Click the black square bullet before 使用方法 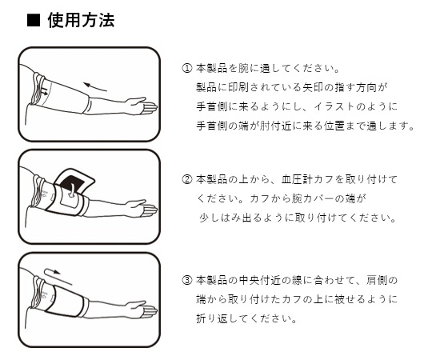(x=34, y=21)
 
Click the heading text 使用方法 (x=81, y=20)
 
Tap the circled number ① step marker (x=186, y=68)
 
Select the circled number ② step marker (x=186, y=179)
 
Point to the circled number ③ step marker (x=186, y=280)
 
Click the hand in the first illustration (x=142, y=106)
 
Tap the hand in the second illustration (x=142, y=208)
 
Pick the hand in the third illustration (x=142, y=310)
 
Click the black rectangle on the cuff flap (x=71, y=184)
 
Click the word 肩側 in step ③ (x=377, y=280)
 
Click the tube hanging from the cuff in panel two (x=72, y=190)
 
